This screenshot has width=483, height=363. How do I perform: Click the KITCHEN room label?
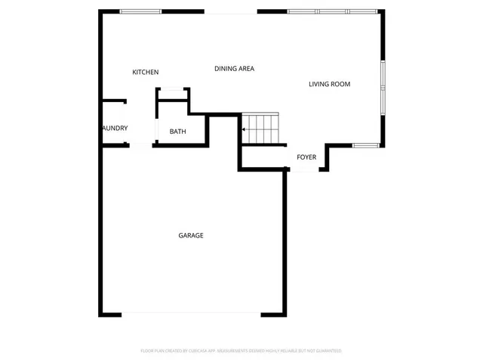click(145, 73)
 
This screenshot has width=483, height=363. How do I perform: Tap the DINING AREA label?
click(234, 69)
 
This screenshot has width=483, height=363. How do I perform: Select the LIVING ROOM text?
click(329, 84)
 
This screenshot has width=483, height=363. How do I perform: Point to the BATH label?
click(177, 132)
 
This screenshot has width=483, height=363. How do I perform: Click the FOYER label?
click(306, 157)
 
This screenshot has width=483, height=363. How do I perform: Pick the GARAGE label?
click(190, 236)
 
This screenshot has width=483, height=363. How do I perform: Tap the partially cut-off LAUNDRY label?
click(115, 129)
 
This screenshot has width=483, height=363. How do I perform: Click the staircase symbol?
click(260, 129)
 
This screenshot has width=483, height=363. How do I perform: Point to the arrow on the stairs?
click(244, 129)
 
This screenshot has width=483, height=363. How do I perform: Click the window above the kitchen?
click(141, 11)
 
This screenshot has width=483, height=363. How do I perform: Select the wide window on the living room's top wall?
click(332, 11)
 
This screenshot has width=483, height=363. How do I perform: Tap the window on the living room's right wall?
click(383, 87)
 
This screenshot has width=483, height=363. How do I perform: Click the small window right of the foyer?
click(366, 144)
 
